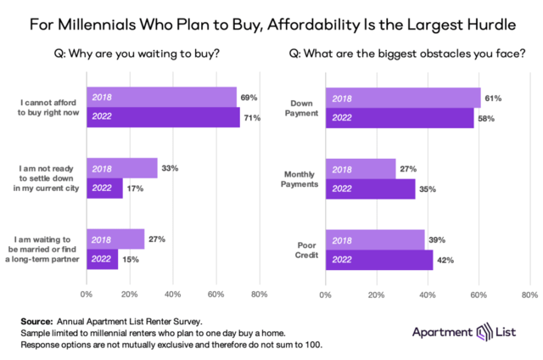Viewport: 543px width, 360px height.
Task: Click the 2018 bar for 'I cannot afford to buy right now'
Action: coord(161,97)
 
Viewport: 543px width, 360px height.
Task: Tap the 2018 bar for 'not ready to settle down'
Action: coord(121,168)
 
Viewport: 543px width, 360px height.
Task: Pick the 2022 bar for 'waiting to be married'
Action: coord(103,259)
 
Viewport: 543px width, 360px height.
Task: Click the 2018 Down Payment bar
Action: coord(402,97)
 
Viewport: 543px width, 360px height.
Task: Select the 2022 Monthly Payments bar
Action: coord(370,188)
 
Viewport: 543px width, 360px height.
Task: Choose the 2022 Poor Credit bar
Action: coord(378,259)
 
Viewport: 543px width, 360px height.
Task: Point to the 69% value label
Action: coord(249,98)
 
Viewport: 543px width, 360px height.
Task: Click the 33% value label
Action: coord(170,168)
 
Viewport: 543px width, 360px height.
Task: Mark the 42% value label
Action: coord(445,260)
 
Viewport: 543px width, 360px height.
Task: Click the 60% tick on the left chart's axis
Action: coord(216,295)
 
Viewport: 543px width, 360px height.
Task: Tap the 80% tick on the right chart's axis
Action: coord(528,295)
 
